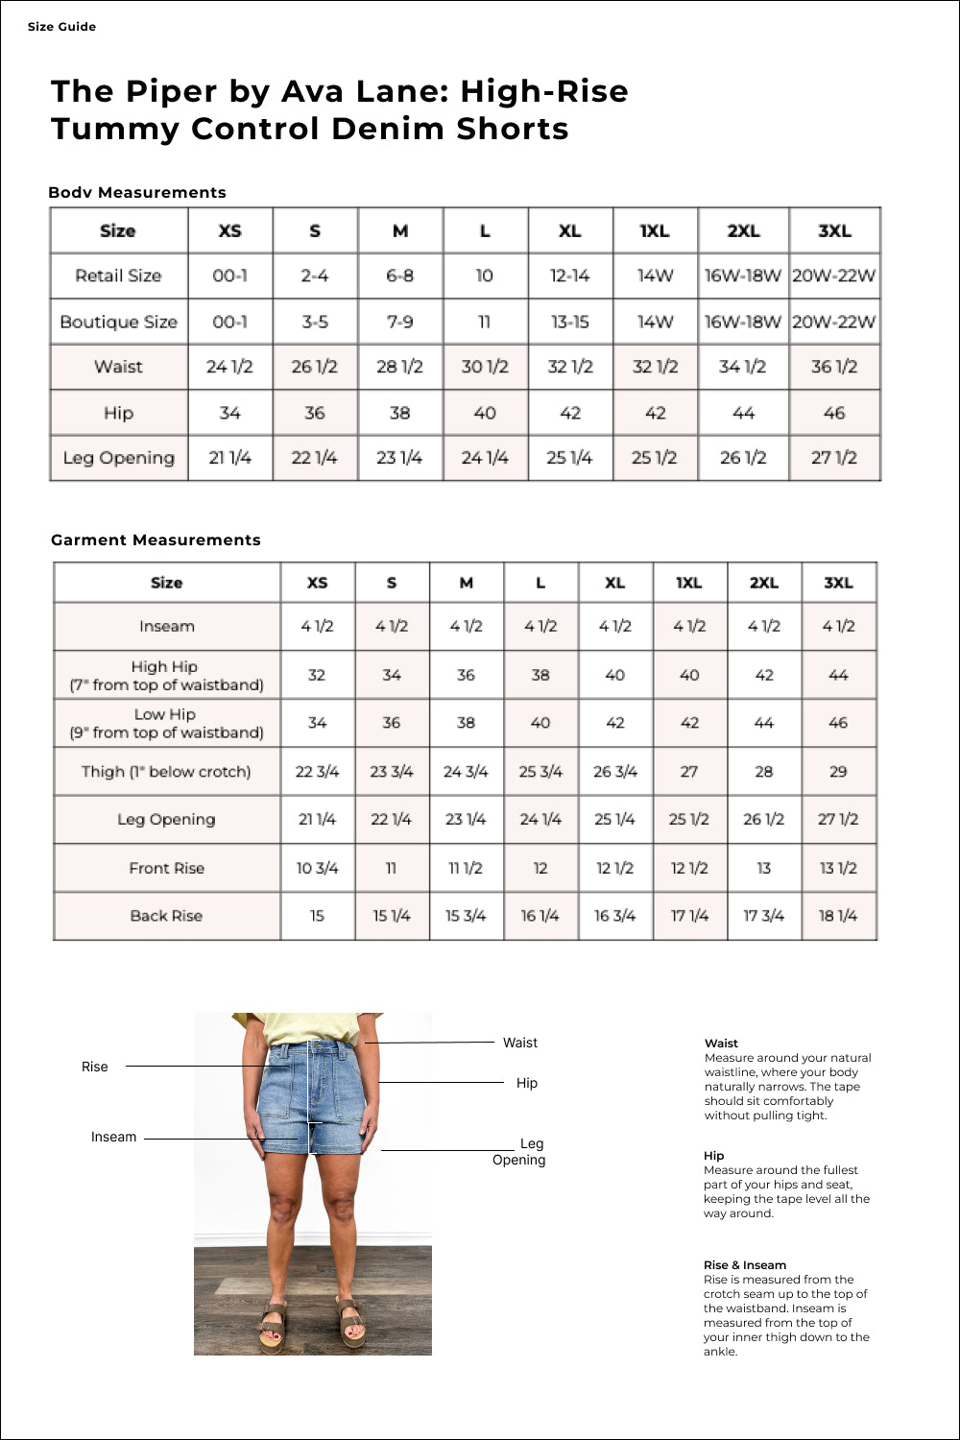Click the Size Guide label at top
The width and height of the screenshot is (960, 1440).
(61, 27)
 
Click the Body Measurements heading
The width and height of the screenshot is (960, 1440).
(137, 193)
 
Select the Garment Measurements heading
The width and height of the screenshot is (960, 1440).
(156, 540)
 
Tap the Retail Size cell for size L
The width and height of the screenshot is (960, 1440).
(485, 276)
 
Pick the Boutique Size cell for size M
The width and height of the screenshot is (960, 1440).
(400, 323)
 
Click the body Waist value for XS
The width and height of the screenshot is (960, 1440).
(229, 367)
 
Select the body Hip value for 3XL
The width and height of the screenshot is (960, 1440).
(834, 414)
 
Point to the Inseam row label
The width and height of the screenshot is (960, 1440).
(167, 627)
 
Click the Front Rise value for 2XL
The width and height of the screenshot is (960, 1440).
(763, 869)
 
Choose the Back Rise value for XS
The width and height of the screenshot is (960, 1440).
(317, 917)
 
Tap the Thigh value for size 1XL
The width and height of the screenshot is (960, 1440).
(689, 772)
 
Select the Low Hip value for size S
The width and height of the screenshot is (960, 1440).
(392, 723)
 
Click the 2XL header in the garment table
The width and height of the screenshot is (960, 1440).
(763, 583)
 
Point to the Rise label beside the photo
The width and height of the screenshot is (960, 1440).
(95, 1068)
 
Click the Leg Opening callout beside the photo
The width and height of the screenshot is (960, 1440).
(520, 1152)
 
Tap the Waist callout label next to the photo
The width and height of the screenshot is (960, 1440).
(520, 1044)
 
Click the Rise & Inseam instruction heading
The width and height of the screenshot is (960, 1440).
(745, 1265)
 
